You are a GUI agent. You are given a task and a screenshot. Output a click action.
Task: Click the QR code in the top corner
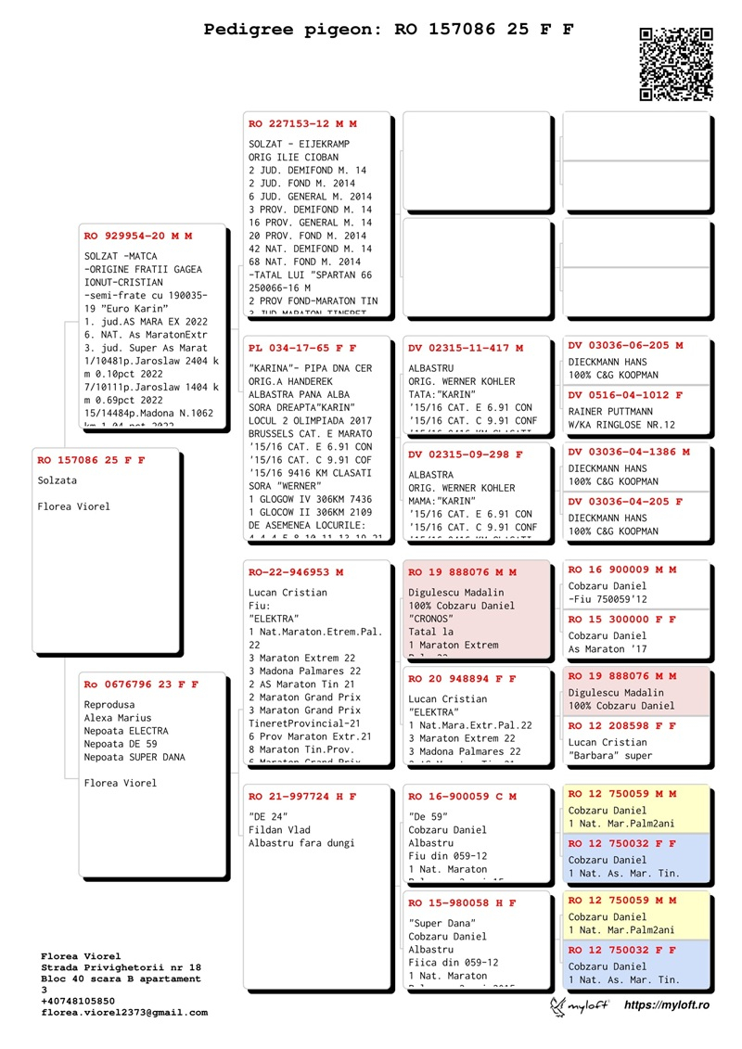pyautogui.click(x=676, y=64)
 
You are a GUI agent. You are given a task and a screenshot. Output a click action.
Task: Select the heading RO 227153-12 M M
pyautogui.click(x=302, y=123)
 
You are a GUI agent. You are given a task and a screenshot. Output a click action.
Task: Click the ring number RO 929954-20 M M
pyautogui.click(x=137, y=236)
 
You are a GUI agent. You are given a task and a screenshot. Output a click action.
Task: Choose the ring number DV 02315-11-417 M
pyautogui.click(x=466, y=348)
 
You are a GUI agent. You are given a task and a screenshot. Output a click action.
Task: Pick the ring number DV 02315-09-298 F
pyautogui.click(x=466, y=454)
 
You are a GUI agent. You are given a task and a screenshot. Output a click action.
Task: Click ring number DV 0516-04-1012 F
pyautogui.click(x=625, y=395)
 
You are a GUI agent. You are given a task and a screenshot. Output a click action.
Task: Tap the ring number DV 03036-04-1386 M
pyautogui.click(x=629, y=452)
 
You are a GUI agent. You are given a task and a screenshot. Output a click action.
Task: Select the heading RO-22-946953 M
pyautogui.click(x=296, y=572)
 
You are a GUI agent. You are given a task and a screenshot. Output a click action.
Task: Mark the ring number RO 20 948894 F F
pyautogui.click(x=462, y=679)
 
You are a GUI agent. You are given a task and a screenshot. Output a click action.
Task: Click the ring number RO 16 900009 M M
pyautogui.click(x=621, y=569)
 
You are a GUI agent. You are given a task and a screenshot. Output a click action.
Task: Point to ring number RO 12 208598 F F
pyautogui.click(x=621, y=725)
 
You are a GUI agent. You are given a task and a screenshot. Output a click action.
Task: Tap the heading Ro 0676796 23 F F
pyautogui.click(x=141, y=684)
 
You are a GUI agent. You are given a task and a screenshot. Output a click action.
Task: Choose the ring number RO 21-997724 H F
pyautogui.click(x=302, y=796)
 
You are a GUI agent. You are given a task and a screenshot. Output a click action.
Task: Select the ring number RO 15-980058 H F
pyautogui.click(x=462, y=902)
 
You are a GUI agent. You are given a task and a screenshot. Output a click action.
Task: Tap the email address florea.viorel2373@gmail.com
pyautogui.click(x=124, y=1013)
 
